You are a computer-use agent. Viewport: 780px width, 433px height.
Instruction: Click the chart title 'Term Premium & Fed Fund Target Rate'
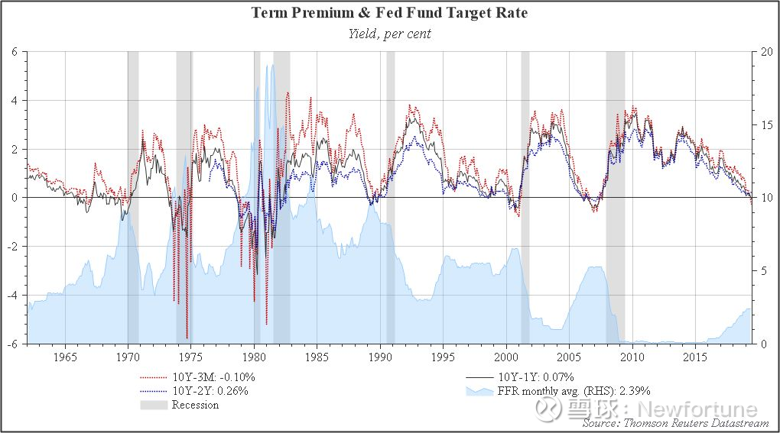pos(389,12)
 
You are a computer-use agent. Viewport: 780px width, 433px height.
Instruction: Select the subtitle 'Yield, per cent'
pos(389,34)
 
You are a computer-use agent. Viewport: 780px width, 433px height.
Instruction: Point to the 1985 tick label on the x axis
pos(317,357)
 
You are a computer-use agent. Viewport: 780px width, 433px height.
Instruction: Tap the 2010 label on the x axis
pos(632,357)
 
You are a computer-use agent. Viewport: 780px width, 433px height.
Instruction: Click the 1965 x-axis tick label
pos(65,357)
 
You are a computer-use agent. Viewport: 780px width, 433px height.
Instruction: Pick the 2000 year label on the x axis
pos(506,357)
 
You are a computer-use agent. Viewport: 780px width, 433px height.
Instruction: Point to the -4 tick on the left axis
pos(12,295)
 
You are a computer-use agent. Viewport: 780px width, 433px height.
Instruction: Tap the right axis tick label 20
pos(766,52)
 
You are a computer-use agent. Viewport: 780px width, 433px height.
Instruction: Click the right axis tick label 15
pos(766,124)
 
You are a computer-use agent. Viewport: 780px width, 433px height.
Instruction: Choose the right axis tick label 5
pos(764,270)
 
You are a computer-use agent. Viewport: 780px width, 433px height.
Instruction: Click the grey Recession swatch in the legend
pos(154,405)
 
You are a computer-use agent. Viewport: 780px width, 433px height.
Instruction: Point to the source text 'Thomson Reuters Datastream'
pos(696,423)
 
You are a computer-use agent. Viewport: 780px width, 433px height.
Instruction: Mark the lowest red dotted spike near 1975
pos(187,338)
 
